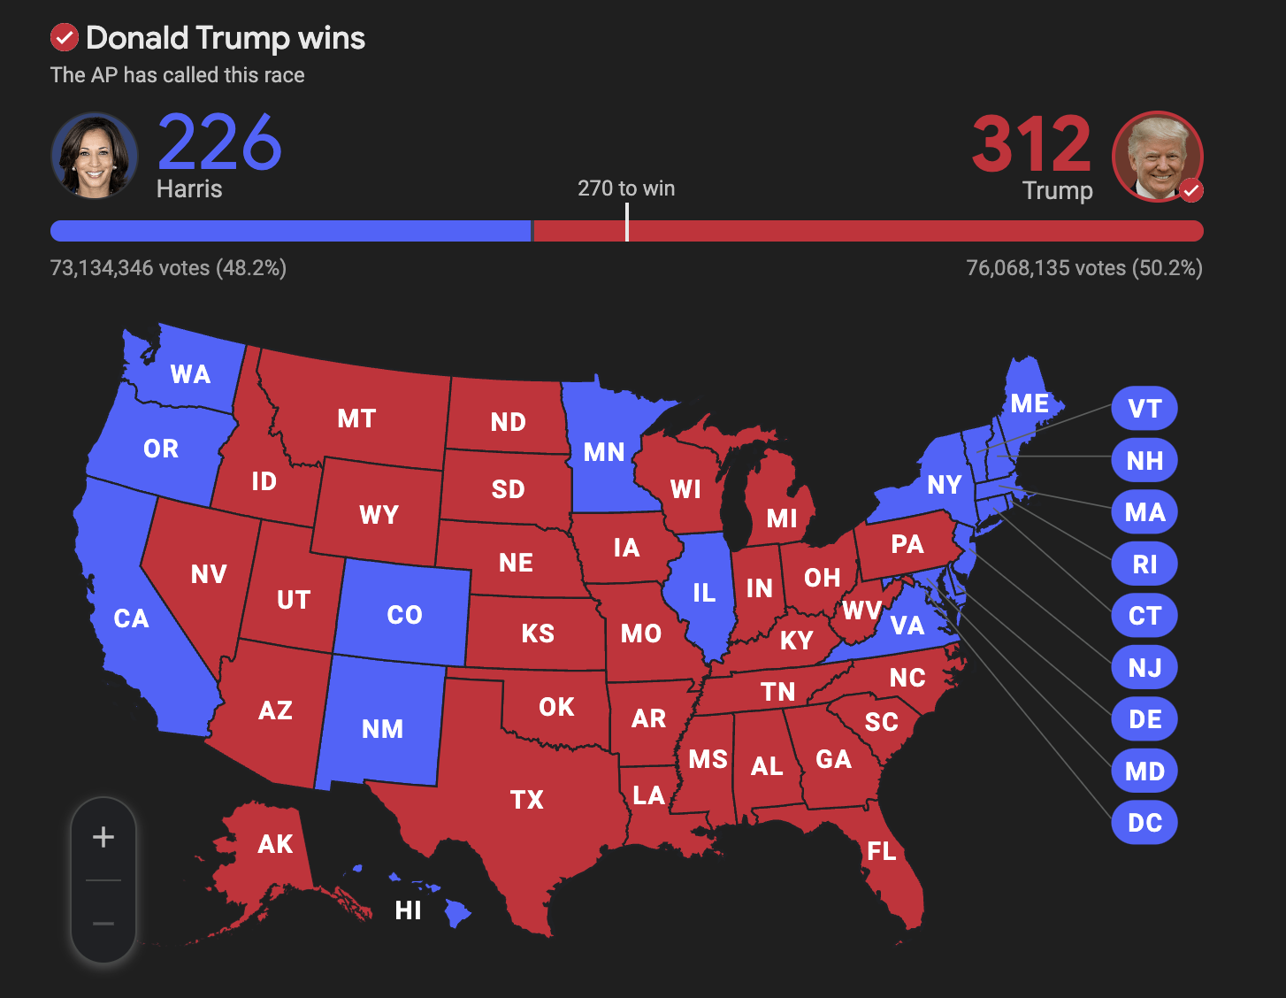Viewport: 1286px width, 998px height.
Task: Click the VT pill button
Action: (1144, 409)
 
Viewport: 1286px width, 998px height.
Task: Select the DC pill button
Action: (1144, 823)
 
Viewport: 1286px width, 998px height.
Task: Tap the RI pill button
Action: (1144, 564)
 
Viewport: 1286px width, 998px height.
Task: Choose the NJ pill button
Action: (1144, 668)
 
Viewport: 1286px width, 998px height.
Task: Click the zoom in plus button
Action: (103, 837)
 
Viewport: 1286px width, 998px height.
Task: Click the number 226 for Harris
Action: (219, 142)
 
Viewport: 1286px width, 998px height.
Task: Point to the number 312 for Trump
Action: (1031, 144)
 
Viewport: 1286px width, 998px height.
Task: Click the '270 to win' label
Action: (626, 188)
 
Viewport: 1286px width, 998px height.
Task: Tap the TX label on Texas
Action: (526, 800)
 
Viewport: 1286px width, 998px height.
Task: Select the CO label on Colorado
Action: (404, 615)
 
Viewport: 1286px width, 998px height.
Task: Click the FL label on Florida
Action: (882, 851)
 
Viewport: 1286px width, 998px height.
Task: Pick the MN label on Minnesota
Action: (604, 452)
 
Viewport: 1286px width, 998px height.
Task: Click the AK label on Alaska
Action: (275, 844)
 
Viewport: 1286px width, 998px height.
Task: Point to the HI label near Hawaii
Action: (408, 910)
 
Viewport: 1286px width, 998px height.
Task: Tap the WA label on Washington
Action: (190, 374)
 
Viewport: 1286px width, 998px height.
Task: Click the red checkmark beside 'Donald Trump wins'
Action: (64, 38)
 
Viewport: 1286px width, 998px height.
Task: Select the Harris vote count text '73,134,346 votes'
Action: (130, 268)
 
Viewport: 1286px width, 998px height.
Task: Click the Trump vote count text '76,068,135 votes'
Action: (1046, 268)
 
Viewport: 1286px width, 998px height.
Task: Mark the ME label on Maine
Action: (1030, 403)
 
